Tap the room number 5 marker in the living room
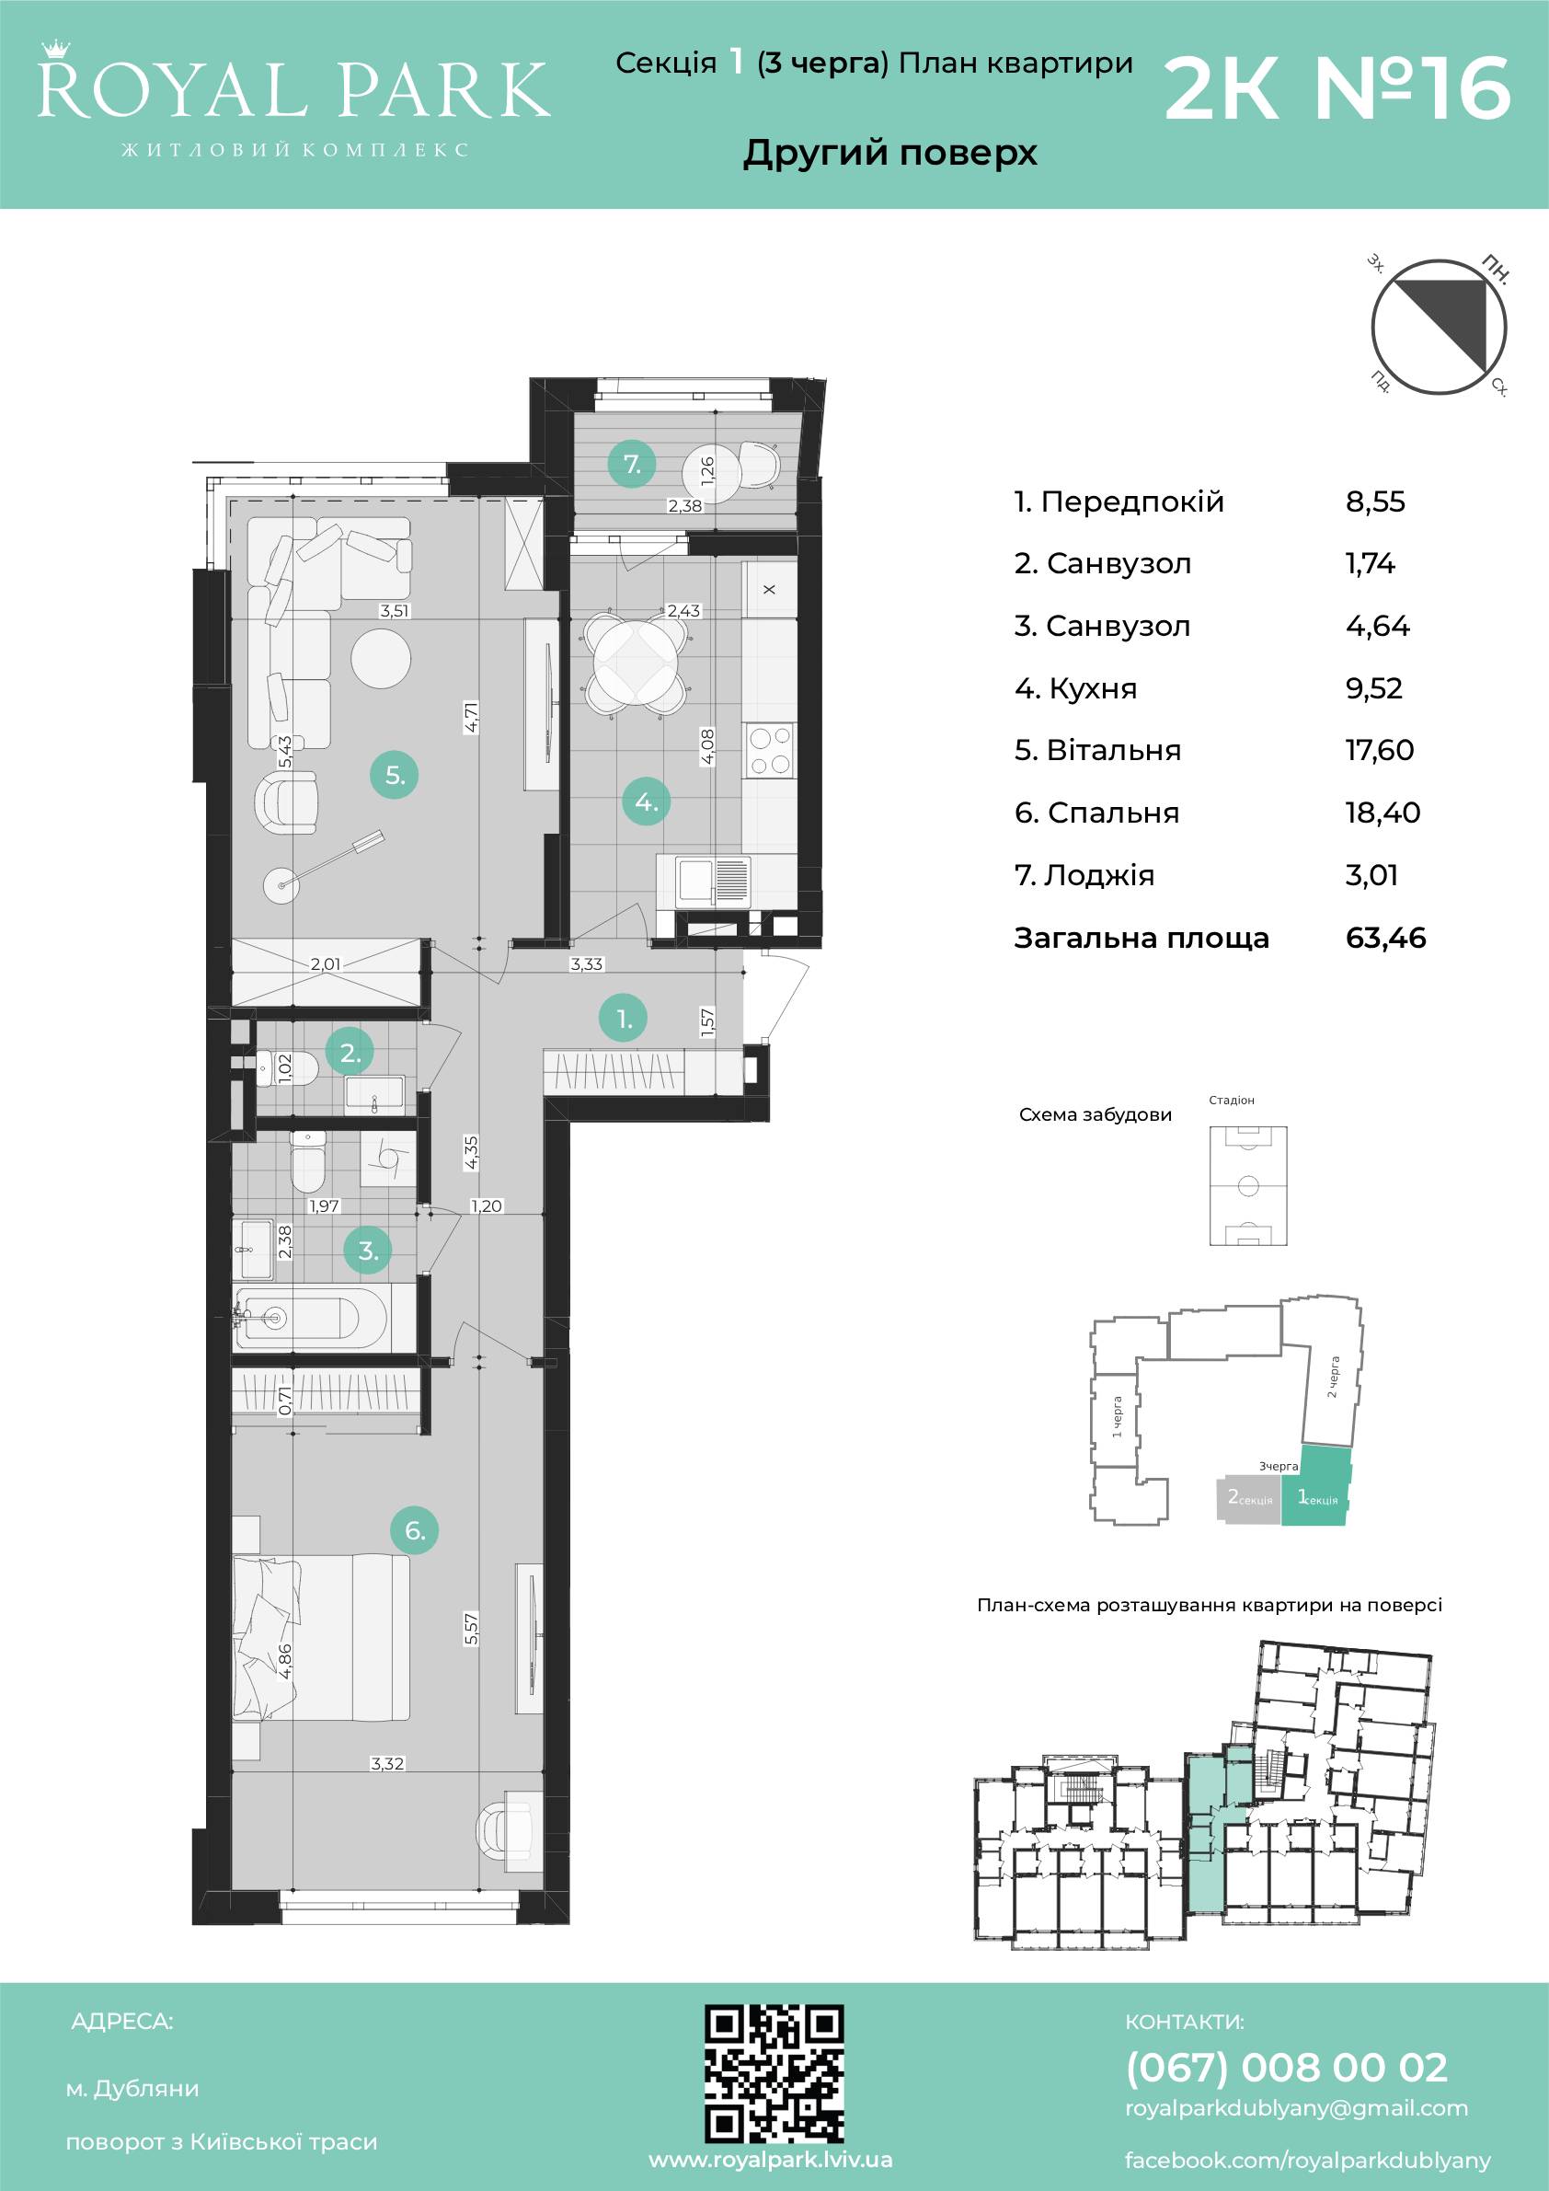coord(395,775)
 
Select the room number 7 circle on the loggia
coord(631,465)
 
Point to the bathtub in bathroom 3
coord(312,1318)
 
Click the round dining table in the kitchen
coord(637,663)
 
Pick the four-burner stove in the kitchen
coord(770,751)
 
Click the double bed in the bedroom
coord(321,1636)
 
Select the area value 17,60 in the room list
coord(1379,750)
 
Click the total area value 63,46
coord(1386,937)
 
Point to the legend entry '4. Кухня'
coord(1075,688)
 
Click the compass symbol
coord(1439,328)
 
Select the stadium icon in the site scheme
coord(1247,1185)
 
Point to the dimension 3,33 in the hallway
coord(587,963)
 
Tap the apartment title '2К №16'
coord(1337,88)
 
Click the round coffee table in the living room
coord(381,658)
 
